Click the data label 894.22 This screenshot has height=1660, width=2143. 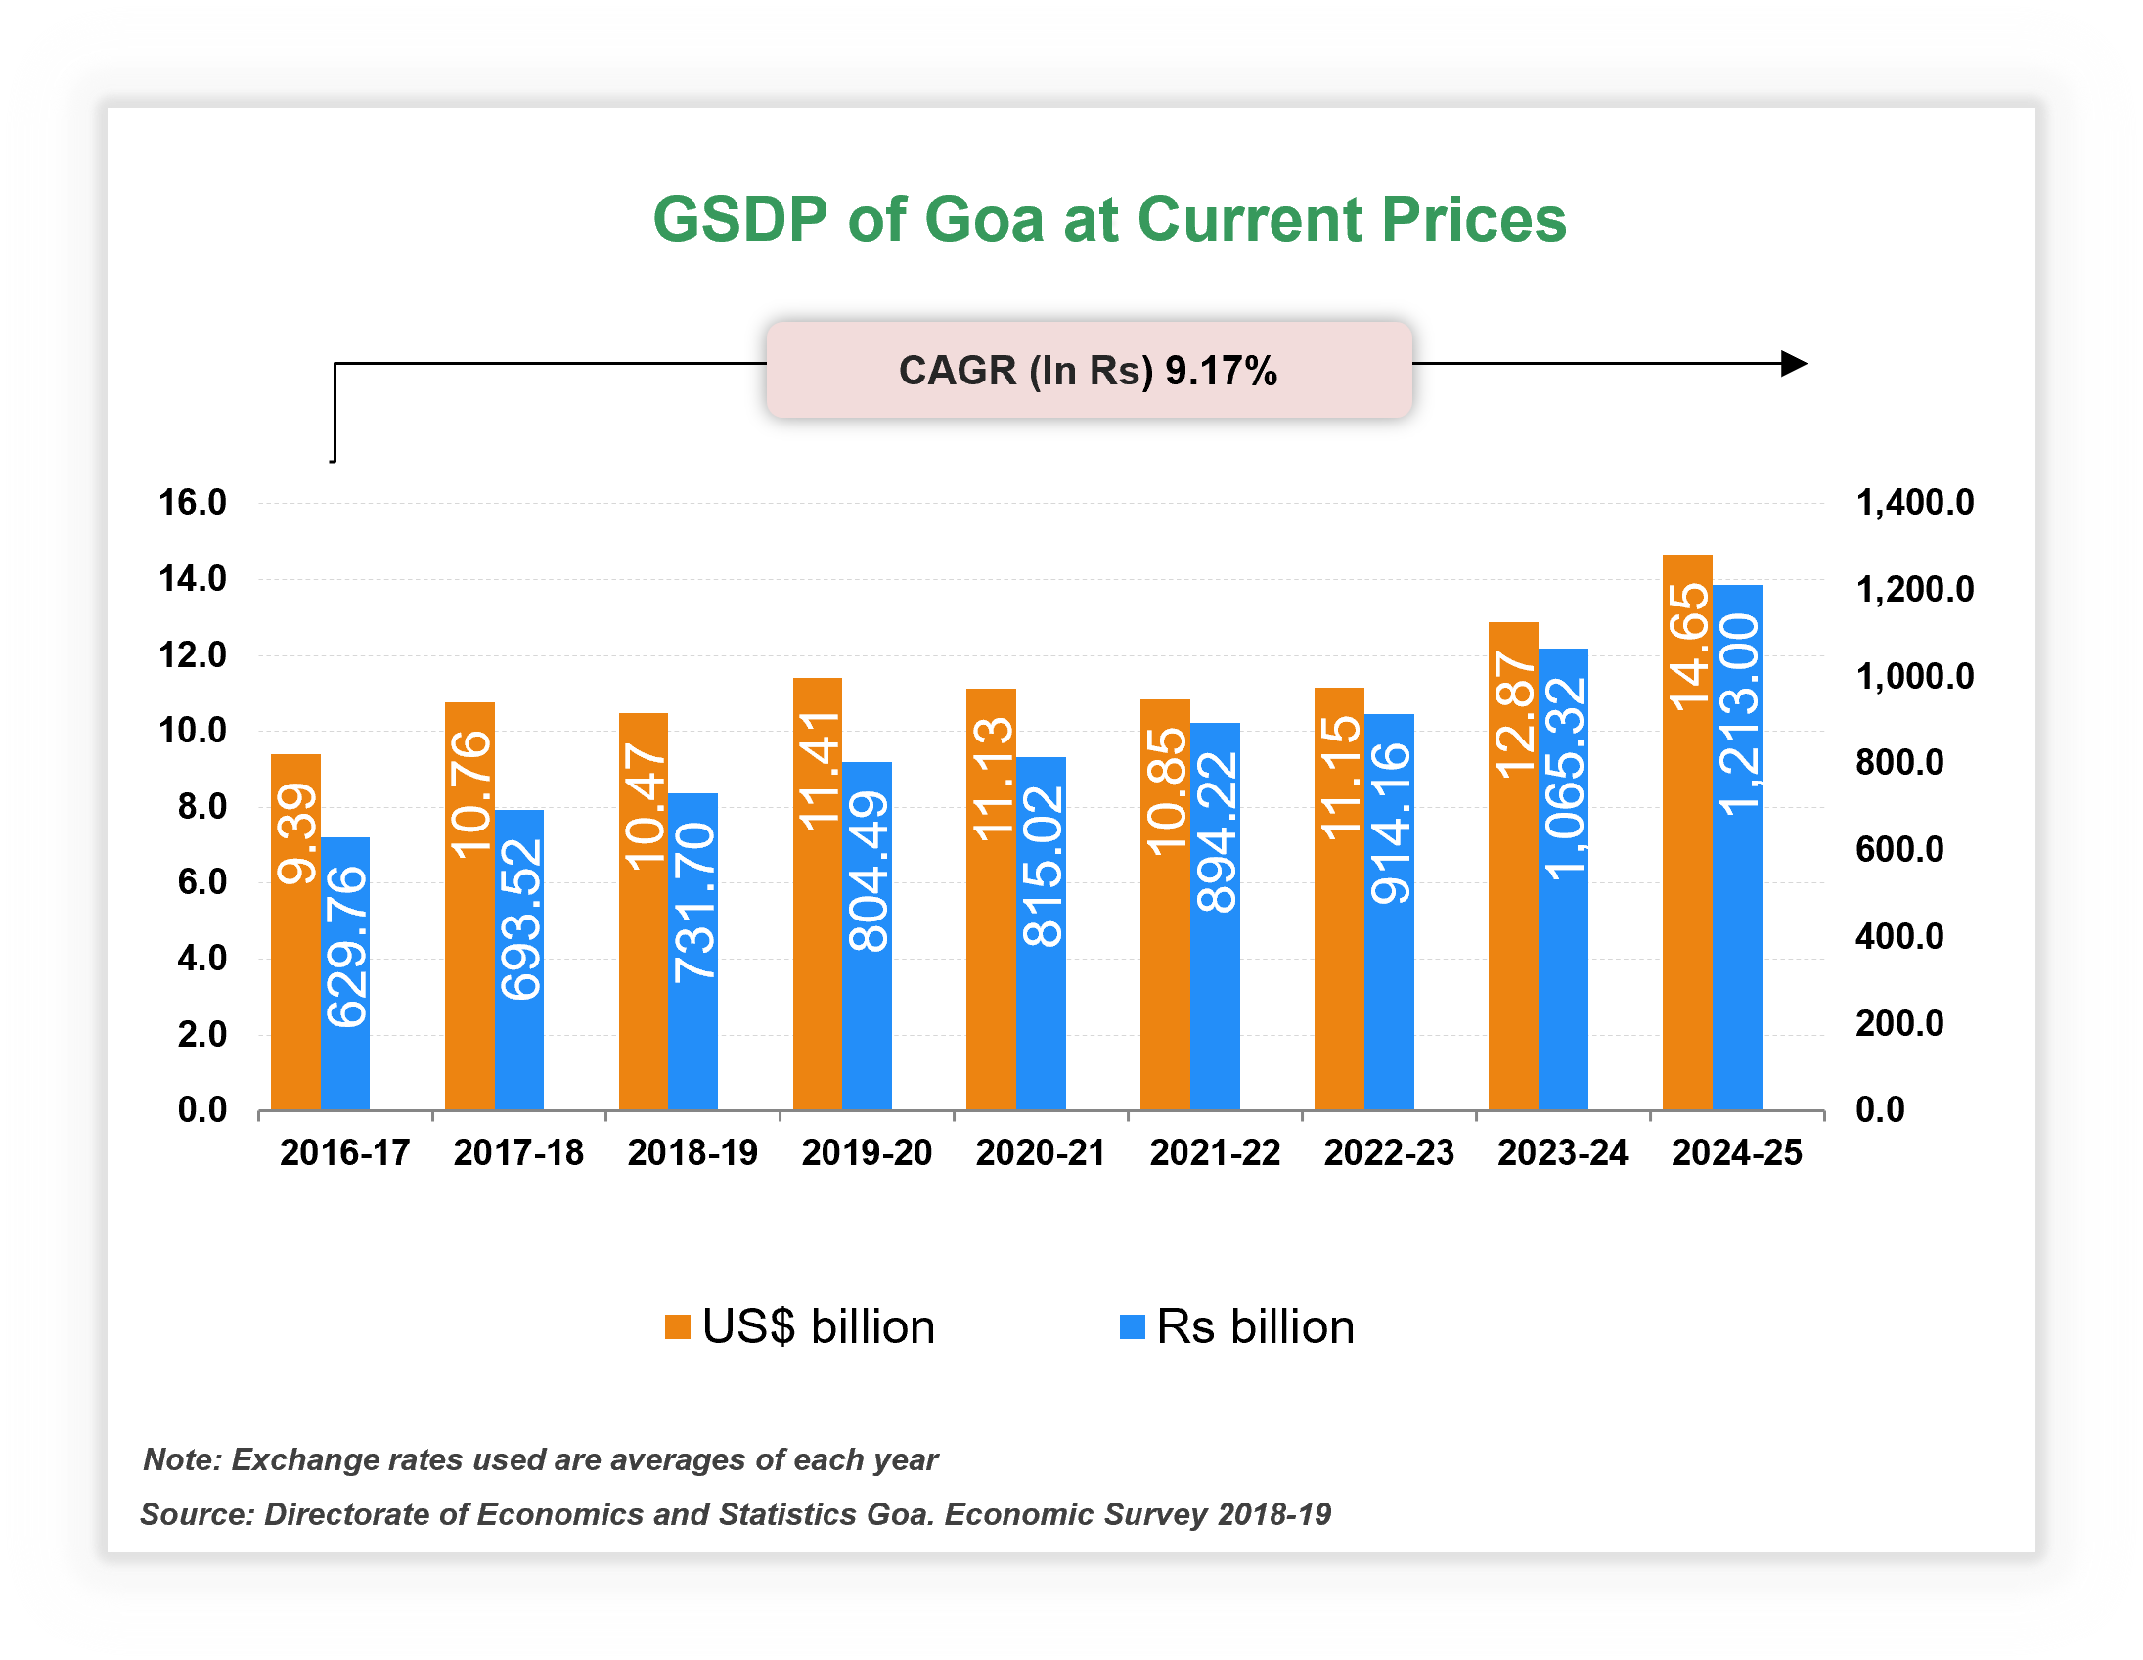(x=1216, y=832)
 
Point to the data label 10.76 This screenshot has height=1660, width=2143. (x=470, y=793)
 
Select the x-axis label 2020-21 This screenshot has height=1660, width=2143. (x=1040, y=1152)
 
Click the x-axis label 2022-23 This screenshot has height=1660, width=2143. (x=1389, y=1152)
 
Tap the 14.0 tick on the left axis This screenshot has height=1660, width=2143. (x=193, y=579)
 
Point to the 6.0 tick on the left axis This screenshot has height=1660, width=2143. (x=201, y=882)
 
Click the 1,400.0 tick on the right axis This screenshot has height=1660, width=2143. (x=1914, y=503)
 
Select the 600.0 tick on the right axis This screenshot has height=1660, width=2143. (x=1898, y=850)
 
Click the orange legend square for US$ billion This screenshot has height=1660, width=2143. (x=677, y=1327)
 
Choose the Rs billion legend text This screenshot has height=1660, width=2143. (x=1255, y=1327)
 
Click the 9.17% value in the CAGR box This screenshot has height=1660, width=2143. (x=1221, y=371)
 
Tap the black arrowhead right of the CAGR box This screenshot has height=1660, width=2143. (x=1793, y=363)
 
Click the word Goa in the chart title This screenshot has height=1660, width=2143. (x=983, y=219)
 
